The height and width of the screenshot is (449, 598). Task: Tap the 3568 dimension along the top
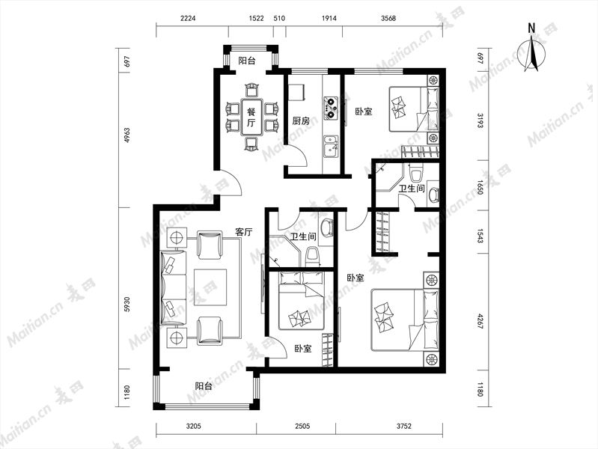pos(388,18)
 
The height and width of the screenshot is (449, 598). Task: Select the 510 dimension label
pos(280,18)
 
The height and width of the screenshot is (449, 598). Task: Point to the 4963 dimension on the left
pos(127,135)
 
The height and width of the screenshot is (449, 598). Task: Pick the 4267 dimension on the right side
pos(480,322)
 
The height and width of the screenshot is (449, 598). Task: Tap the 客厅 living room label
pos(244,231)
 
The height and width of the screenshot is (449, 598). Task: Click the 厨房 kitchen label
pos(301,121)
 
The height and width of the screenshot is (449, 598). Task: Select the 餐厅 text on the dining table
pos(251,117)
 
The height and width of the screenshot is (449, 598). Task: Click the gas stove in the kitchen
pos(330,107)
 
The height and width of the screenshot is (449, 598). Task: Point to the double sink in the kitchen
pos(330,147)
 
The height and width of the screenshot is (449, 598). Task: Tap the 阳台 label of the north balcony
pos(247,61)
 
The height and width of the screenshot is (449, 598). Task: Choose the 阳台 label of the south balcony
pos(204,385)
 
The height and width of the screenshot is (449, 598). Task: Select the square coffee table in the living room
pos(210,287)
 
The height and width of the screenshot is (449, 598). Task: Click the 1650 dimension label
pos(480,187)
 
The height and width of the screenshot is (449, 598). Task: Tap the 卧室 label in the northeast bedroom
pos(364,112)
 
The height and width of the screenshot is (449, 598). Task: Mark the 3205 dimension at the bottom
pos(194,426)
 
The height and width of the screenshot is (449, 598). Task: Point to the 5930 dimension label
pos(127,304)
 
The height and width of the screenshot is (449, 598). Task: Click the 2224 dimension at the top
pos(188,18)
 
